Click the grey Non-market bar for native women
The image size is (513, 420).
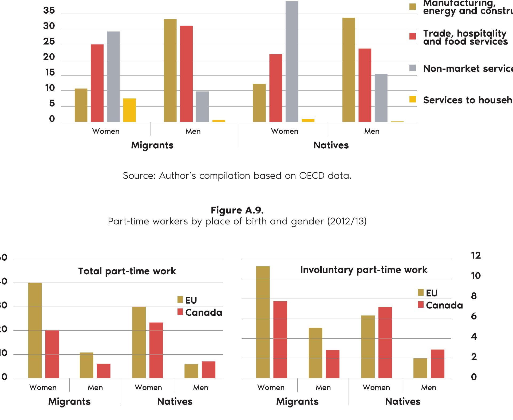(292, 61)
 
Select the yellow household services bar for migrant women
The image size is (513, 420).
(129, 110)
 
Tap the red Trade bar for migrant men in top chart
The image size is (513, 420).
(186, 74)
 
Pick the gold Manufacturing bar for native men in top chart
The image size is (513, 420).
(349, 70)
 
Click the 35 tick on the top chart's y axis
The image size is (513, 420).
(49, 11)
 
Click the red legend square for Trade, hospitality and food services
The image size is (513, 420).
(413, 36)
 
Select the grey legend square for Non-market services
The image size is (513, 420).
(413, 68)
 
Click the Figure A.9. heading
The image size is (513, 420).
(237, 210)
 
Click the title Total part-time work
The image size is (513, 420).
(127, 271)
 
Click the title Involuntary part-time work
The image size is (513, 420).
(364, 270)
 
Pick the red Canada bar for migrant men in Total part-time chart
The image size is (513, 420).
(104, 371)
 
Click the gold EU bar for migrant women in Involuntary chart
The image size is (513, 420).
(263, 322)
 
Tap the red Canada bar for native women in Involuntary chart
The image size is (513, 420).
(385, 343)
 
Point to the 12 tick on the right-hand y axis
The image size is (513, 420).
(476, 256)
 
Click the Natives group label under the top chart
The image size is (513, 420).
(331, 145)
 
